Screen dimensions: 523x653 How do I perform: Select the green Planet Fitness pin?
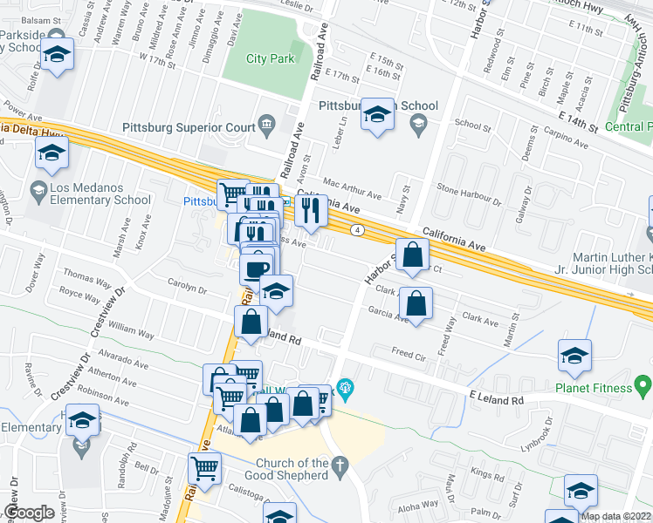[x=643, y=384]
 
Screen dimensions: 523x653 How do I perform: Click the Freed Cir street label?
[x=409, y=355]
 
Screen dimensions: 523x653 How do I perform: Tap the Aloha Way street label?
[x=418, y=505]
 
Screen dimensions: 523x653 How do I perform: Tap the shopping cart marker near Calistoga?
[x=204, y=470]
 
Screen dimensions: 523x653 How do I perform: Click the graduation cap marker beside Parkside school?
[x=57, y=55]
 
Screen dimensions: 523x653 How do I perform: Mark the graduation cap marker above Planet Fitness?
[x=575, y=356]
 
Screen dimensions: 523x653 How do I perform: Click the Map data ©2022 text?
[x=615, y=516]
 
